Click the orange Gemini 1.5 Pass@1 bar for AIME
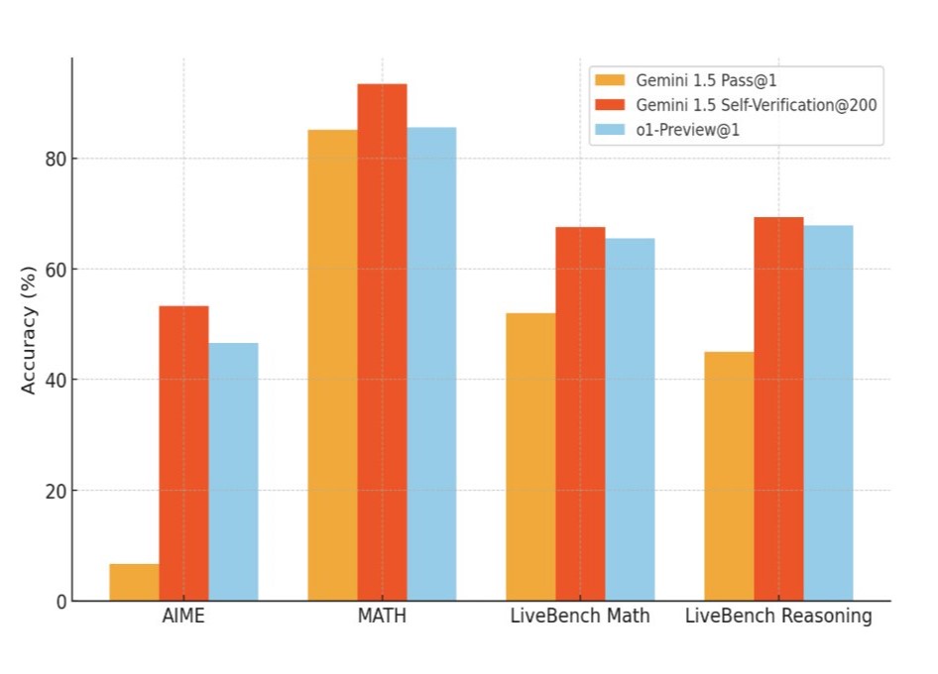(x=134, y=582)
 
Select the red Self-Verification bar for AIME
(x=183, y=453)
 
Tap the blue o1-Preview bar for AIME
(x=233, y=472)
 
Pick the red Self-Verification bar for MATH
(x=382, y=342)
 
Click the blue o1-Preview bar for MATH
(x=431, y=364)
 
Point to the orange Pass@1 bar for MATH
(x=332, y=365)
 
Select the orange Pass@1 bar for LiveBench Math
(x=530, y=457)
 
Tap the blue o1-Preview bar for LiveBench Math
(x=630, y=419)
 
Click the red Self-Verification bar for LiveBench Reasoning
(x=778, y=408)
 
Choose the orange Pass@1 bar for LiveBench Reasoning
(x=729, y=476)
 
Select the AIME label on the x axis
(x=183, y=617)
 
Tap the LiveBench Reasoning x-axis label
(x=778, y=617)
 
